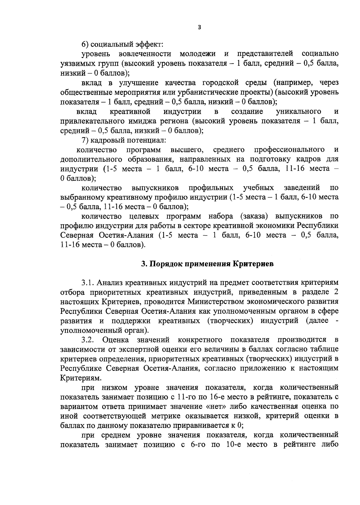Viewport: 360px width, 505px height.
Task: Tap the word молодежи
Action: click(x=197, y=54)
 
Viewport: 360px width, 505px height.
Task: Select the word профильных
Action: click(x=211, y=188)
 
